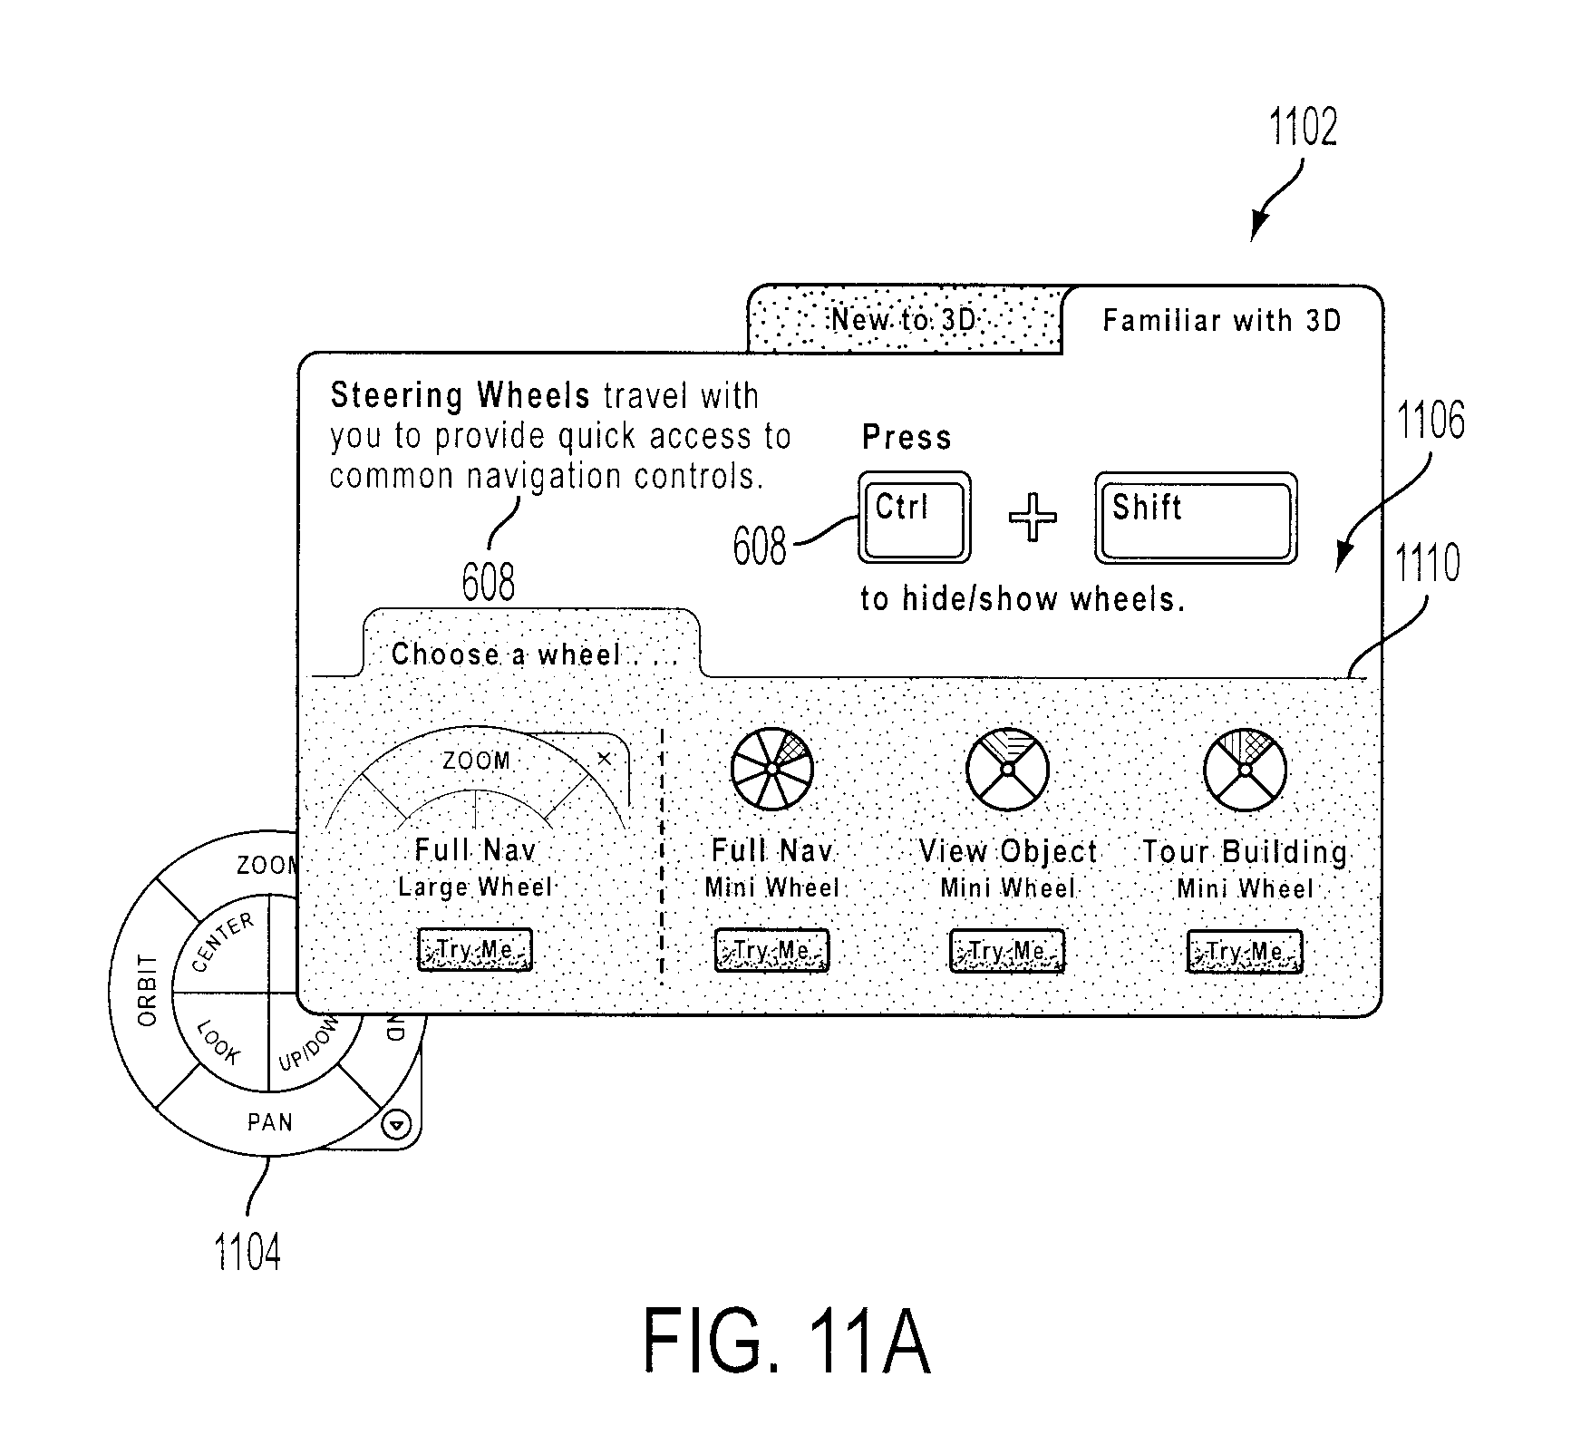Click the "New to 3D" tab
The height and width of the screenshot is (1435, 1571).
coord(905,319)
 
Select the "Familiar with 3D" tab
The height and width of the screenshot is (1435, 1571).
coord(1221,320)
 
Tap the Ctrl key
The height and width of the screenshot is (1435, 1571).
coord(915,518)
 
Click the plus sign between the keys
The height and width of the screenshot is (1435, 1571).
coord(1033,518)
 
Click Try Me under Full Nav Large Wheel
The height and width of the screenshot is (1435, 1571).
coord(475,950)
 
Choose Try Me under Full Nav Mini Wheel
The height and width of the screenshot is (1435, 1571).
coord(771,951)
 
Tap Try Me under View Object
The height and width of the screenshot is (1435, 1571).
coord(1007,952)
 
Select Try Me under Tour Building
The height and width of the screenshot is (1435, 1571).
coord(1245,953)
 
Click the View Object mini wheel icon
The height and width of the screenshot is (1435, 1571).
coord(1007,769)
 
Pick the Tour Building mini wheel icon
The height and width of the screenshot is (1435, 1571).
coord(1245,770)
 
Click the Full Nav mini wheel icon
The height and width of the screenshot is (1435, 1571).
coord(771,768)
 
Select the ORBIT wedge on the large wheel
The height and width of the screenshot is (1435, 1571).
coord(147,990)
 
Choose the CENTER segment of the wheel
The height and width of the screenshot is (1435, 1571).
coord(223,944)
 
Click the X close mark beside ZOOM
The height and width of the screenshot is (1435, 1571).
coord(605,759)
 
